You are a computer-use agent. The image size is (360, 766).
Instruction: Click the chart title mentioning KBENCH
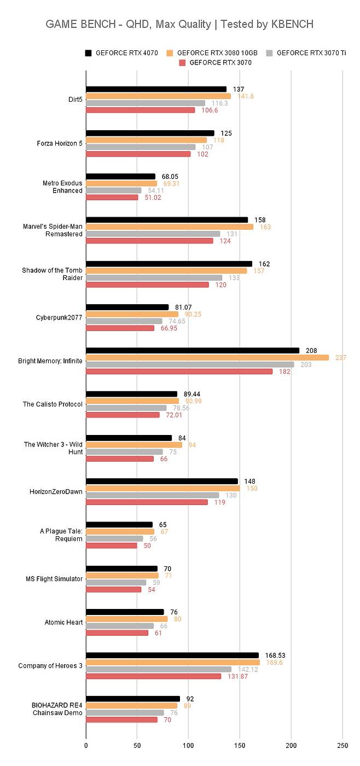[x=179, y=24]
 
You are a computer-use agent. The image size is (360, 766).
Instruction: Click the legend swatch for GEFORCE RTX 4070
[x=88, y=53]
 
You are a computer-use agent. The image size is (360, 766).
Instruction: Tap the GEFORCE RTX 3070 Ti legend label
[x=311, y=53]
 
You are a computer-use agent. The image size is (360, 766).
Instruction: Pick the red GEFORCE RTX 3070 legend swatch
[x=183, y=63]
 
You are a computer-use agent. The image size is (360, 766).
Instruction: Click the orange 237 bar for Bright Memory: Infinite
[x=207, y=357]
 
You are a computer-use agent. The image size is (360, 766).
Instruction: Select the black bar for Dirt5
[x=156, y=89]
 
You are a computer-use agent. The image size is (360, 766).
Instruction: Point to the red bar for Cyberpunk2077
[x=120, y=328]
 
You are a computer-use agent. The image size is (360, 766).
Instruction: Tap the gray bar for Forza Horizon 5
[x=141, y=147]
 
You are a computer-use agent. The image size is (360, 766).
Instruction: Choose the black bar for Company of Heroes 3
[x=172, y=655]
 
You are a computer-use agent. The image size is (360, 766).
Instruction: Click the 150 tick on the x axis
[x=240, y=745]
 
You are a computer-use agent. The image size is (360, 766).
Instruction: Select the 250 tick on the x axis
[x=342, y=745]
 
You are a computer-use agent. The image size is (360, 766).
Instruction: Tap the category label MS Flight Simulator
[x=54, y=579]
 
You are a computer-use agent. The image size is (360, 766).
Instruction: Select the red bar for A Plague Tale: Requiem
[x=112, y=546]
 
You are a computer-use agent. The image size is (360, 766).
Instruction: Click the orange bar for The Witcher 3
[x=134, y=445]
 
